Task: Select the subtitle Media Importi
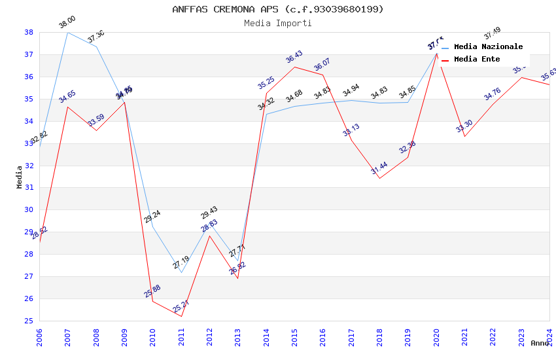click(278, 23)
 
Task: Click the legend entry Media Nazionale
click(488, 47)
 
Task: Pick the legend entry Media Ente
click(477, 60)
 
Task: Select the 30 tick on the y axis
click(29, 210)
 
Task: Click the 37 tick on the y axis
click(29, 55)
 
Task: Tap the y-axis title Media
click(20, 177)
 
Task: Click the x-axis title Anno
click(540, 343)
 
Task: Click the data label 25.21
click(181, 306)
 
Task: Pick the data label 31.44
click(379, 168)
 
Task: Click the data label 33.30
click(464, 126)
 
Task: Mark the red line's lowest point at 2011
click(181, 317)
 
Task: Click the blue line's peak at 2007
click(67, 32)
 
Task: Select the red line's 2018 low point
click(379, 178)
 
